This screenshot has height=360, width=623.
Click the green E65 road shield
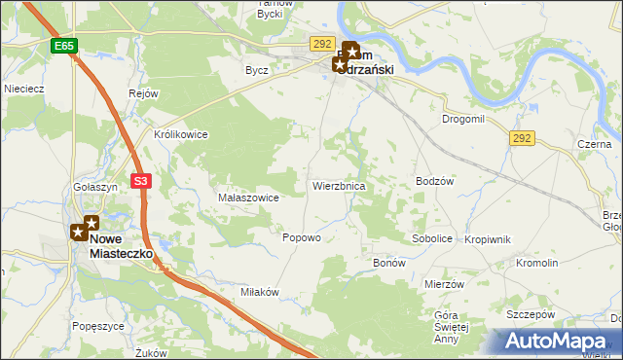pyautogui.click(x=64, y=46)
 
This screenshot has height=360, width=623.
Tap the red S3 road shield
pyautogui.click(x=142, y=181)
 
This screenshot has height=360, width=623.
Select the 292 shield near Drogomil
pyautogui.click(x=522, y=139)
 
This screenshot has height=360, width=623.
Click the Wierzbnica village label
pyautogui.click(x=338, y=185)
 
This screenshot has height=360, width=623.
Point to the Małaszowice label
pyautogui.click(x=248, y=198)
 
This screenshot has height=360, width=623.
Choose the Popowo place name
pyautogui.click(x=301, y=237)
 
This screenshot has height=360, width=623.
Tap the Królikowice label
pyautogui.click(x=181, y=134)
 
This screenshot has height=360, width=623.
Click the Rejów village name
pyautogui.click(x=143, y=93)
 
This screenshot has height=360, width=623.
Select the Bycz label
pyautogui.click(x=257, y=70)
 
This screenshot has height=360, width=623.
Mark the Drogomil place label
pyautogui.click(x=462, y=119)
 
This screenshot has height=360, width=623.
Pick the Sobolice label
pyautogui.click(x=432, y=237)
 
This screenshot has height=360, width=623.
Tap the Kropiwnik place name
pyautogui.click(x=488, y=238)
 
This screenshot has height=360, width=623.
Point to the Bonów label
pyautogui.click(x=389, y=264)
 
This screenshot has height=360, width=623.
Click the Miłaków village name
pyautogui.click(x=260, y=292)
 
